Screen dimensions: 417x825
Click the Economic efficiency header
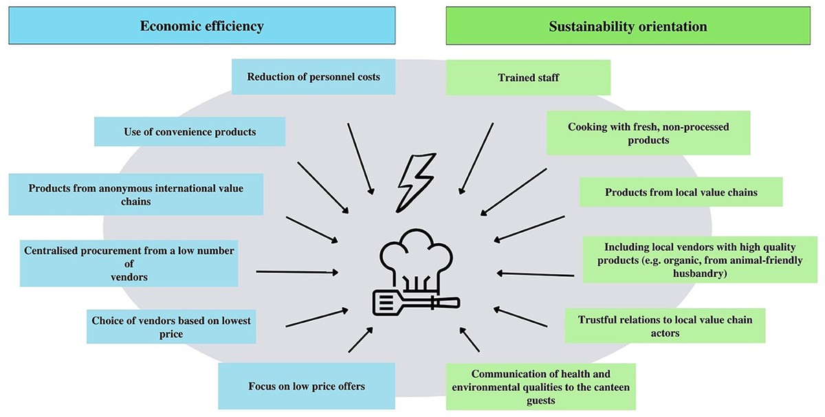click(202, 27)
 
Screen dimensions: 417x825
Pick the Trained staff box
click(528, 77)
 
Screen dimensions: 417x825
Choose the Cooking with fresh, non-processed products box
click(648, 133)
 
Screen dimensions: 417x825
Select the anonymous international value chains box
click(136, 194)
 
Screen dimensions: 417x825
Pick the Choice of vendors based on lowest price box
click(171, 326)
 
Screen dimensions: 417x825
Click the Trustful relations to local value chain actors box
click(665, 326)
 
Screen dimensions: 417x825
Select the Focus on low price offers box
click(307, 386)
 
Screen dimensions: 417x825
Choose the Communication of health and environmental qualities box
click(540, 387)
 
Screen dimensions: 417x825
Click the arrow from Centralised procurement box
click(296, 272)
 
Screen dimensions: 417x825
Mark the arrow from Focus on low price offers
click(360, 340)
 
